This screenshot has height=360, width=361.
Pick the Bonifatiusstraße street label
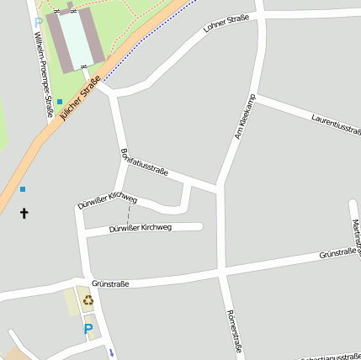pos(144,162)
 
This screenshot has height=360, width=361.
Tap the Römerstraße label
pos(234,330)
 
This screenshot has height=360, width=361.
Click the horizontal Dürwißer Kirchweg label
pos(140,228)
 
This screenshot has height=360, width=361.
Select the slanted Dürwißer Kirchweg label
pos(107,200)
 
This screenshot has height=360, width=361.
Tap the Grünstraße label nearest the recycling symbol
pos(110,284)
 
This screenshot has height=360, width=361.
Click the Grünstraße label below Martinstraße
pos(339,252)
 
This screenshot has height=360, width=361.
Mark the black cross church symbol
pos(24,214)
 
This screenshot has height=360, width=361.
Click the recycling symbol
pos(88,300)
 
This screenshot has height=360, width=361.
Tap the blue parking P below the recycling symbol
pos(88,329)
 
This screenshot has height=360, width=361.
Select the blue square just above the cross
pos(23,189)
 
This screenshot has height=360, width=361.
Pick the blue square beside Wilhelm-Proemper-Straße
pos(59,102)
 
